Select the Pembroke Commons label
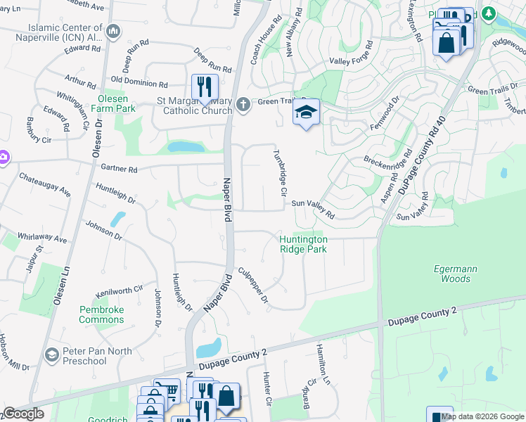tap(101, 314)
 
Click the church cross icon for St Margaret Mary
tap(243, 105)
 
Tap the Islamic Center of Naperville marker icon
tap(114, 31)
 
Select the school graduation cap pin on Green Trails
tap(307, 112)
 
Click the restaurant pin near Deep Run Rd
tap(205, 87)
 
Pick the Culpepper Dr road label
tap(253, 285)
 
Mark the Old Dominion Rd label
tap(139, 82)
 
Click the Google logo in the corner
tap(23, 414)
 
